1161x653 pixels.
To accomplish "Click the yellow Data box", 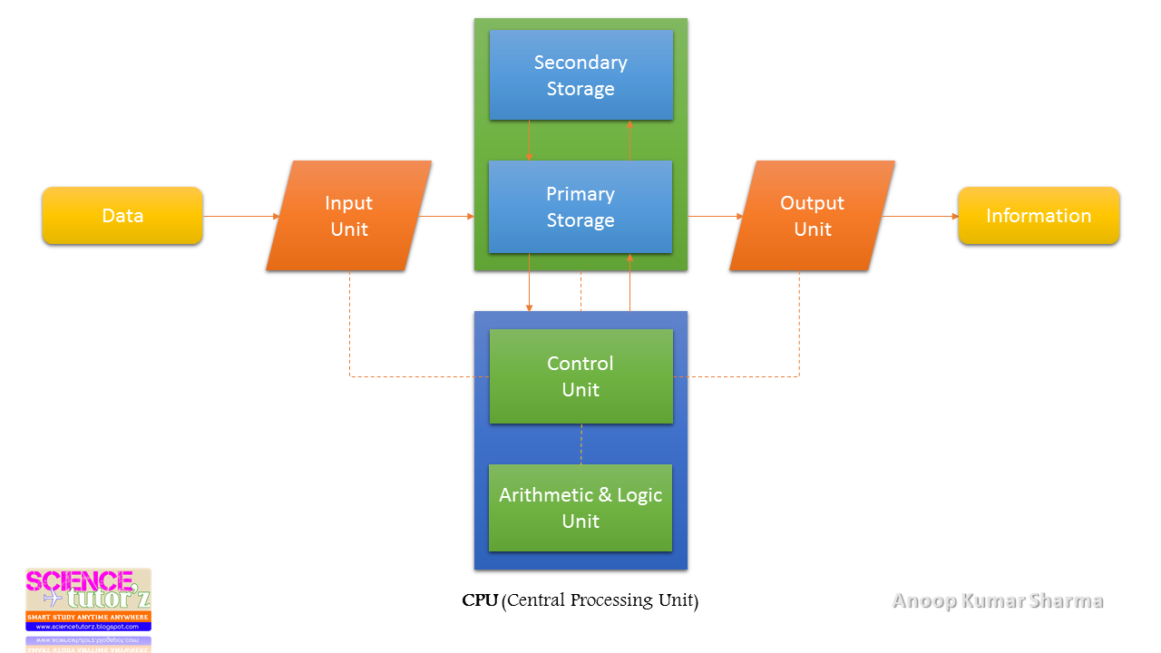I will (x=122, y=216).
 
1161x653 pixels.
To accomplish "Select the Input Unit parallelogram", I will (x=349, y=216).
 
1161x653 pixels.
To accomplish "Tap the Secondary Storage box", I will (x=580, y=75).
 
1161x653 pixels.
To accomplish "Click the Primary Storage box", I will (x=580, y=207).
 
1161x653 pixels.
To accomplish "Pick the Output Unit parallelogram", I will (x=812, y=216).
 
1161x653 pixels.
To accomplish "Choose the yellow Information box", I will (x=1039, y=216).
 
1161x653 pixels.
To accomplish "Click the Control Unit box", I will (x=580, y=376).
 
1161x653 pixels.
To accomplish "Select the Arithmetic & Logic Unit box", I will (x=580, y=508).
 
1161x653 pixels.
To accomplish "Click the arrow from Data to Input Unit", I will (x=241, y=216).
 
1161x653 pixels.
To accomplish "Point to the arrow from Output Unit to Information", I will (x=921, y=216).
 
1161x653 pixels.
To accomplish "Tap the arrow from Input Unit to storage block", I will (x=447, y=216).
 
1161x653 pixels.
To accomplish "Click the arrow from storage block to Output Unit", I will (x=715, y=216).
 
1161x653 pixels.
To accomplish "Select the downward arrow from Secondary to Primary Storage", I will (x=530, y=141).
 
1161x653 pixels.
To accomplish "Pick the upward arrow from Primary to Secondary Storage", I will (x=629, y=141).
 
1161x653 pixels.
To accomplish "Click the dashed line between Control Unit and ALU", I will (x=580, y=443).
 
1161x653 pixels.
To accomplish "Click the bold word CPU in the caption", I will (x=480, y=600).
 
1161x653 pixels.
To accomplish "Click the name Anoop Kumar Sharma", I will (x=998, y=600).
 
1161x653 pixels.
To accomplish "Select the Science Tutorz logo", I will (x=88, y=599).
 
